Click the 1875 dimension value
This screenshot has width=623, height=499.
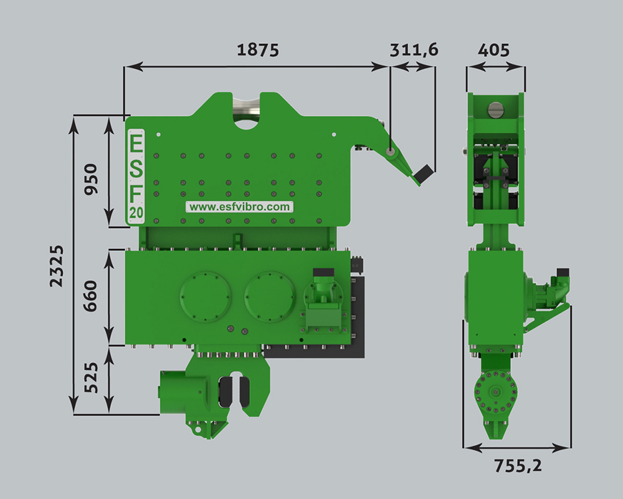point(258,50)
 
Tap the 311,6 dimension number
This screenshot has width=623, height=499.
point(414,50)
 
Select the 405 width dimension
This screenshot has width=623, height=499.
point(493,51)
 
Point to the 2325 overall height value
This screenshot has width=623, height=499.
point(57,266)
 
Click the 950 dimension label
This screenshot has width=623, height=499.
point(91,179)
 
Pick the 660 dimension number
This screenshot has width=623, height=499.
point(91,296)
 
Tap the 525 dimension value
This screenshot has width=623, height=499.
point(91,377)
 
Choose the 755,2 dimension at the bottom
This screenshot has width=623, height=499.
point(518,465)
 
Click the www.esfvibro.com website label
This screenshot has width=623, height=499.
point(240,207)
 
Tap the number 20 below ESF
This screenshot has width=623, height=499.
point(136,213)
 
